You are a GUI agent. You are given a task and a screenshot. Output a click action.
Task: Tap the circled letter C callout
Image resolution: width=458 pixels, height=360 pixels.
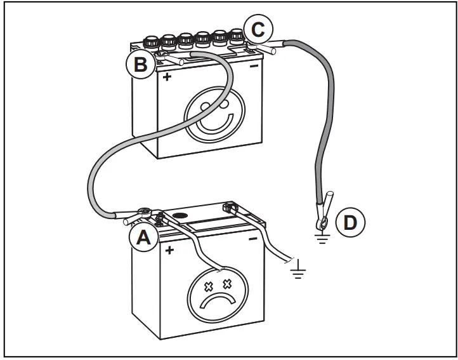(258, 29)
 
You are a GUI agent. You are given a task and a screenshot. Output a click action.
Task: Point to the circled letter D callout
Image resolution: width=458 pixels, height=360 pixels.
(350, 222)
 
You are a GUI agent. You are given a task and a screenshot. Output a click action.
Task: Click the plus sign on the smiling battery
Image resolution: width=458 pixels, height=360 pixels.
(167, 77)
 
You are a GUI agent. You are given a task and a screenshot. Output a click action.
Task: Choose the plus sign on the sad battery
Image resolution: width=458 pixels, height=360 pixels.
(169, 250)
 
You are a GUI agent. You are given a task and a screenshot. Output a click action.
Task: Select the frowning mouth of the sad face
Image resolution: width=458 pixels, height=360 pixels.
(217, 300)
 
